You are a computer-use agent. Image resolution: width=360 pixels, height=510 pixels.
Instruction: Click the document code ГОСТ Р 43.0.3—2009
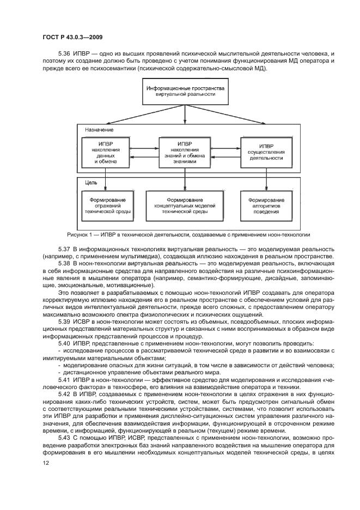click(x=72, y=37)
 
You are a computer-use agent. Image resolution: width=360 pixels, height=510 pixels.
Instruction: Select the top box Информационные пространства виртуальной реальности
click(x=180, y=91)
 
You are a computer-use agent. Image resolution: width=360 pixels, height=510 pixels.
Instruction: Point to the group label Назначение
click(x=99, y=131)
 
